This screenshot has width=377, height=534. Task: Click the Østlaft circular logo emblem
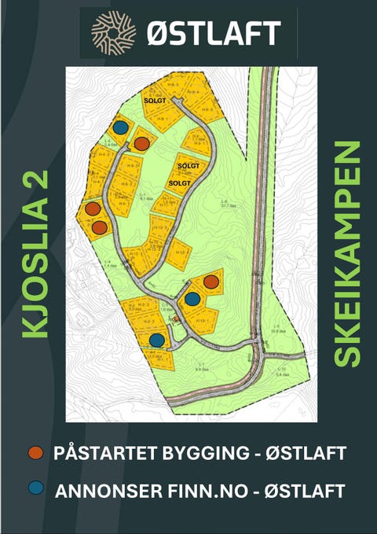point(114,32)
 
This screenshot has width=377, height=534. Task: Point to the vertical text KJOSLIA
point(35,275)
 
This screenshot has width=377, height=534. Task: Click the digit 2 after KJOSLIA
point(35,181)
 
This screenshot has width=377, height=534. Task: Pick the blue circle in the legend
point(35,488)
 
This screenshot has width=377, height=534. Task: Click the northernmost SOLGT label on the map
point(154,101)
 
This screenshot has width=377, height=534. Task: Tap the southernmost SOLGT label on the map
point(181,182)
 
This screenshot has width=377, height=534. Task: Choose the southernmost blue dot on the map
point(157,340)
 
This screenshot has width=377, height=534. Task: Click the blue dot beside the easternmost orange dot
point(192,298)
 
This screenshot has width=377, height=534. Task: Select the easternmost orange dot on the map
point(211,282)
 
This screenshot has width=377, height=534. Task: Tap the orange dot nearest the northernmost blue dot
point(141,143)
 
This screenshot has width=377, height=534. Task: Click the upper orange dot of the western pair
point(93,208)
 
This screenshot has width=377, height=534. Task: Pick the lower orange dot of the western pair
point(100,227)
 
